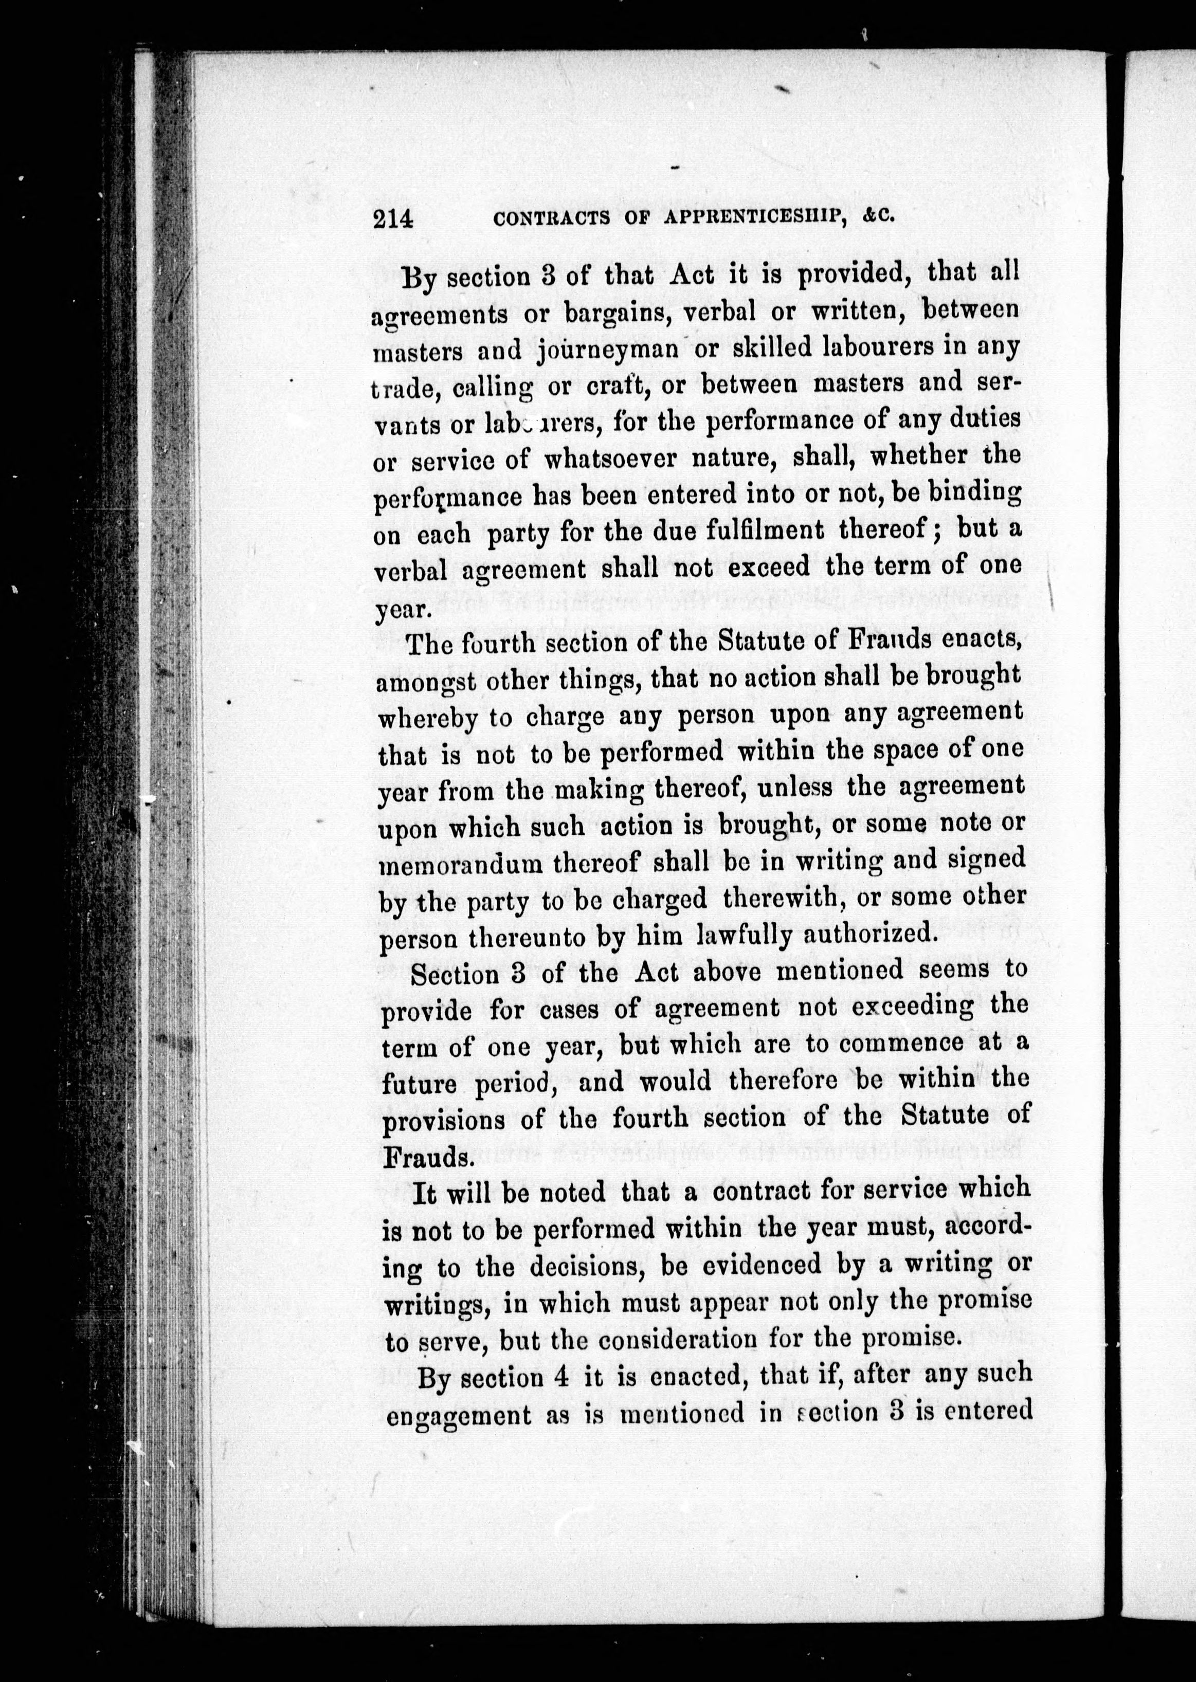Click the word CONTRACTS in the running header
point(552,218)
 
